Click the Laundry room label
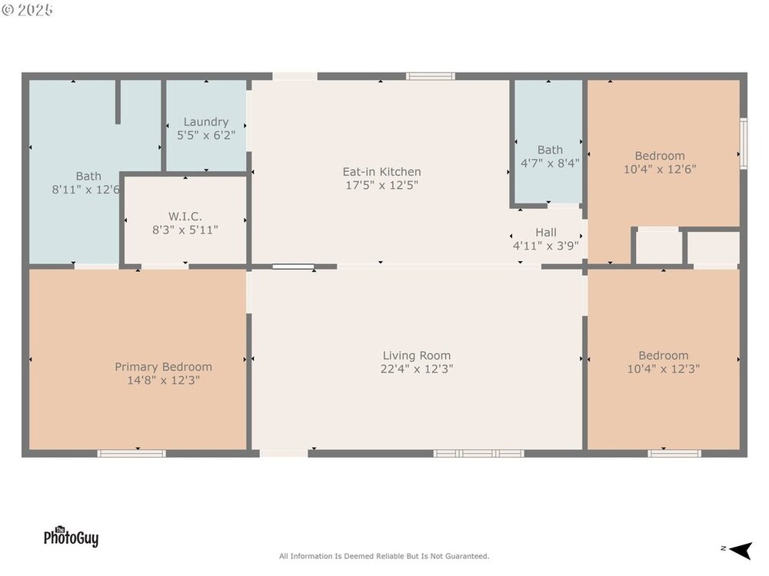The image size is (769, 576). (x=206, y=122)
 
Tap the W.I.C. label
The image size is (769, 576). (x=185, y=217)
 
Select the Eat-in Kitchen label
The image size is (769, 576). (x=381, y=172)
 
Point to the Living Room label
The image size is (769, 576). (x=416, y=356)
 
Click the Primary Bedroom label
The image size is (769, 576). (x=163, y=367)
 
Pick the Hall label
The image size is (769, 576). (x=546, y=233)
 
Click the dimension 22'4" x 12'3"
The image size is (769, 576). (x=416, y=369)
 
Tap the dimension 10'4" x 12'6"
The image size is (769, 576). (x=660, y=170)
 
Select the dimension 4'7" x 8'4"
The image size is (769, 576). (x=550, y=163)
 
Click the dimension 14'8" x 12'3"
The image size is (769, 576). (x=163, y=381)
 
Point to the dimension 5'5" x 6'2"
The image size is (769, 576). (x=206, y=135)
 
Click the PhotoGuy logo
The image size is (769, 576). (x=71, y=536)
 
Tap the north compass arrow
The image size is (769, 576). (x=741, y=550)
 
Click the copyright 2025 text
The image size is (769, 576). (x=28, y=10)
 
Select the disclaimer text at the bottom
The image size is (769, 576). (x=384, y=556)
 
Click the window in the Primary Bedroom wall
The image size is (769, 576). (x=131, y=454)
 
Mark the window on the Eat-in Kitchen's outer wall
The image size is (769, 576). (x=430, y=76)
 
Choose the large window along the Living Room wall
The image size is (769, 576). (x=478, y=454)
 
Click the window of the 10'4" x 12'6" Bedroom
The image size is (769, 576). (x=744, y=144)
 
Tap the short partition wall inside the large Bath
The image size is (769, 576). (x=118, y=102)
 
